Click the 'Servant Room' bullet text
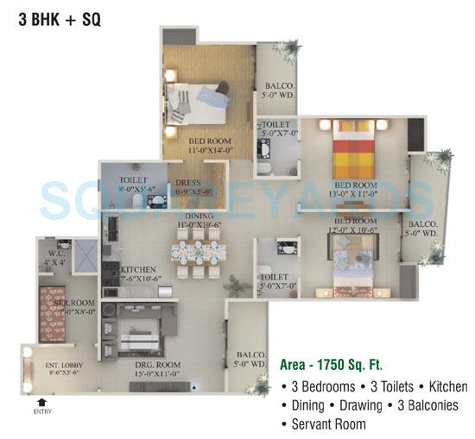(328, 423)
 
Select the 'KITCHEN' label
(138, 270)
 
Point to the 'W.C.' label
(54, 254)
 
